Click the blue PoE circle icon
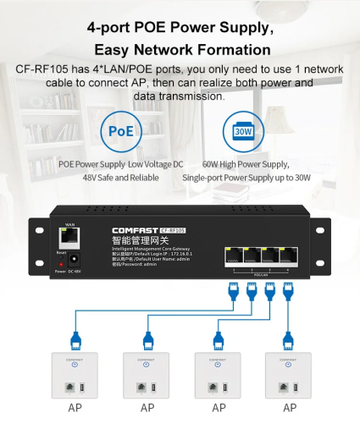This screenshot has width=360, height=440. point(121,131)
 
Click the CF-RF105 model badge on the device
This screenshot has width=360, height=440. point(173,229)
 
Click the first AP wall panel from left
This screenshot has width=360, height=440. point(75,374)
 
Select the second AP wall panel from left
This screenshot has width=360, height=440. point(147,374)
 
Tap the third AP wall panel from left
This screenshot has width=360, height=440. point(219,374)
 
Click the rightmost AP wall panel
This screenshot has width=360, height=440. point(289,374)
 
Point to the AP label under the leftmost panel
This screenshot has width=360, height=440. point(75,408)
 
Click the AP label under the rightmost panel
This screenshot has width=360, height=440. point(290,408)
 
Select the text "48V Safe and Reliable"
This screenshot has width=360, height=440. point(120,178)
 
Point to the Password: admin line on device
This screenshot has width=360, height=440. point(136,264)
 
